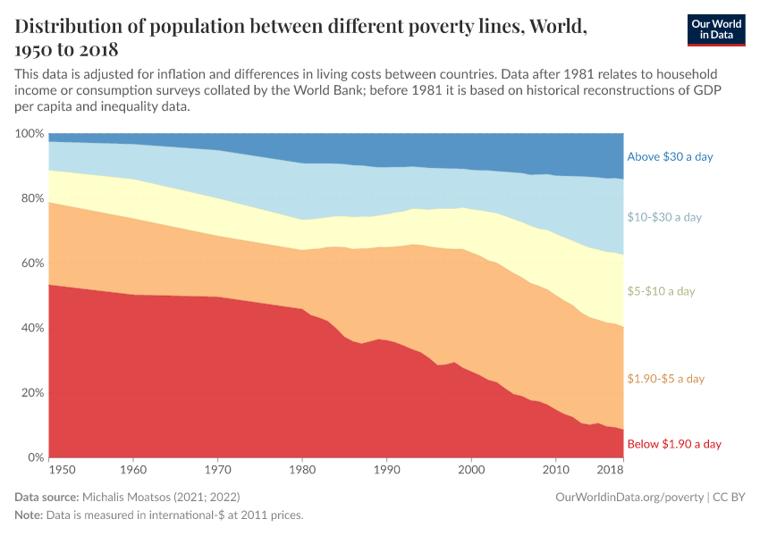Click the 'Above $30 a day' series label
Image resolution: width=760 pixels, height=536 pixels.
pos(670,156)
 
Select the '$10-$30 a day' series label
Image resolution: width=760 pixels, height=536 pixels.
pos(664,217)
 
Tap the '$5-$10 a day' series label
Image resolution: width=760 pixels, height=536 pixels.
pos(661,291)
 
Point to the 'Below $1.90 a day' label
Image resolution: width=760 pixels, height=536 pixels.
pos(674,444)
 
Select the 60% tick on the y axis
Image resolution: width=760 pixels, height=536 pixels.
pos(31,264)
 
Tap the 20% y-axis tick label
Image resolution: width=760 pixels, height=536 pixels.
pos(31,393)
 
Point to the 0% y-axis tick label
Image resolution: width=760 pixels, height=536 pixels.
pos(34,458)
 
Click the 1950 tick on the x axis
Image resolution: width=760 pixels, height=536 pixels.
pos(62,469)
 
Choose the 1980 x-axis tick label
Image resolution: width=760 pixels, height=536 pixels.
pos(302,469)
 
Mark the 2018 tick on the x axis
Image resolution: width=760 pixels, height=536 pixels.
pos(609,469)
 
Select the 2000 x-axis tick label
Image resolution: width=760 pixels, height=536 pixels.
pos(471,469)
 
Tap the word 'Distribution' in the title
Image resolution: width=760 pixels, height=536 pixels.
pos(74,26)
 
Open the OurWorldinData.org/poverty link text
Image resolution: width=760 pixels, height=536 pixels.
pos(629,496)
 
